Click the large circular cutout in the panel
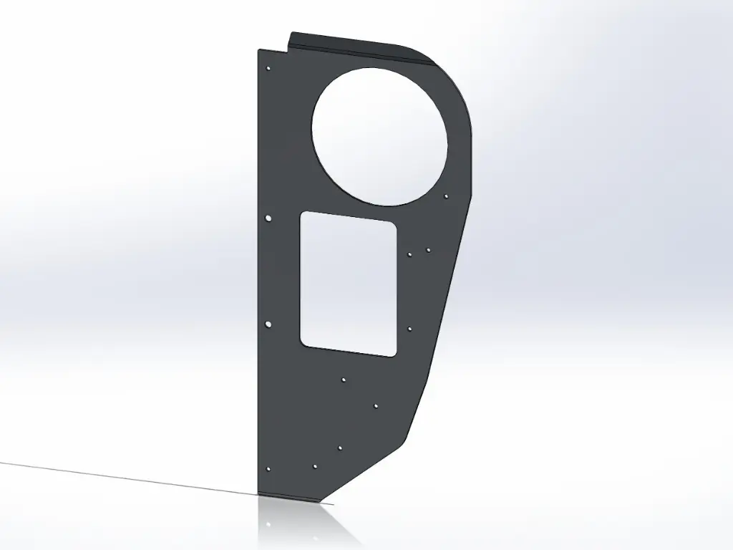(x=379, y=136)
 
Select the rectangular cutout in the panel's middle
(x=348, y=284)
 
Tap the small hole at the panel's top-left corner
(x=268, y=69)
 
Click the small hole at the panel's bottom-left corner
(x=268, y=469)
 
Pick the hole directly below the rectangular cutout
(x=344, y=380)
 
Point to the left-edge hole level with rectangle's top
(x=268, y=216)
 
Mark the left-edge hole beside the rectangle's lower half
(x=268, y=324)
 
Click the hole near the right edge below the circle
(x=446, y=196)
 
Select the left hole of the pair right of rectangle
(x=409, y=254)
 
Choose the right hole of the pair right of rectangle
(x=428, y=250)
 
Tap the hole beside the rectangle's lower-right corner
(x=409, y=329)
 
